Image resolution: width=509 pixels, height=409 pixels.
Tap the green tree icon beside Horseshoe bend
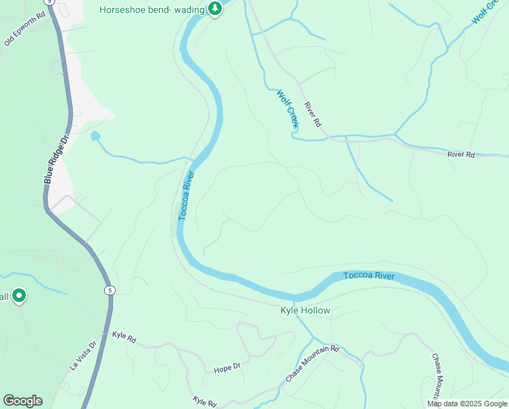click(215, 9)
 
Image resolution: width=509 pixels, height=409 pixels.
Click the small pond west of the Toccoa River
click(95, 136)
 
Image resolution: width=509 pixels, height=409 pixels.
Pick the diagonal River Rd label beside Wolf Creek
click(312, 115)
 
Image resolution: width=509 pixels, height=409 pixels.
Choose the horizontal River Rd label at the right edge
click(461, 155)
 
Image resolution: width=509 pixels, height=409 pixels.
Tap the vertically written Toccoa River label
click(186, 196)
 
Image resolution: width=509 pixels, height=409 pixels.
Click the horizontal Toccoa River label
click(369, 275)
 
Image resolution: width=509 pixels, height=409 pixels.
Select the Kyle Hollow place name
click(305, 311)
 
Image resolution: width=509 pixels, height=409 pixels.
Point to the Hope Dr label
click(227, 367)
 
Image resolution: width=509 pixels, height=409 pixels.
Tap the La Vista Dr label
click(84, 357)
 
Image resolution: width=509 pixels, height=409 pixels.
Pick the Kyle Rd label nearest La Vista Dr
click(125, 336)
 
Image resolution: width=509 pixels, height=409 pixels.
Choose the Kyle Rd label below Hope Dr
click(204, 402)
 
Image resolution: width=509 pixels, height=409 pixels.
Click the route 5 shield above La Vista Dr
click(108, 290)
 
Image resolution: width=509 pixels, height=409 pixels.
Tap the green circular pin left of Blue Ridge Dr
click(19, 296)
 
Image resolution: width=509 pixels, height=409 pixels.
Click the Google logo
click(22, 401)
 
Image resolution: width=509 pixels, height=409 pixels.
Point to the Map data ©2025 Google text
click(467, 404)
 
